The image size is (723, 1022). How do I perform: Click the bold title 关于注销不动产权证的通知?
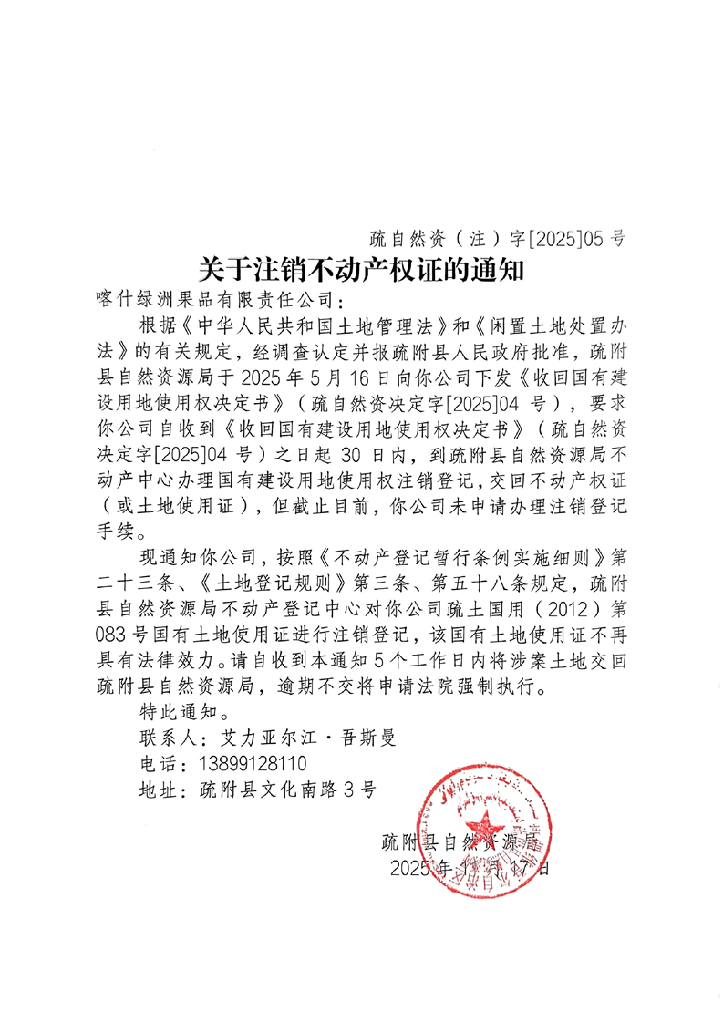tap(362, 269)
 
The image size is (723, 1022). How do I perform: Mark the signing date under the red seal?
tap(469, 867)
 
